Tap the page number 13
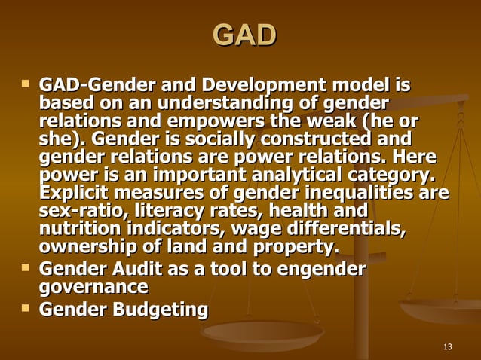(x=449, y=346)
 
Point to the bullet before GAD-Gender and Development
(x=27, y=80)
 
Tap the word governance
(x=93, y=288)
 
